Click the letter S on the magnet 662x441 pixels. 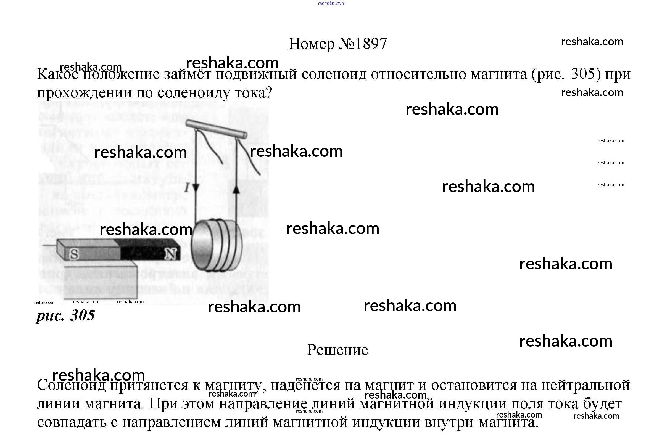point(74,254)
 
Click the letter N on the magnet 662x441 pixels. point(171,254)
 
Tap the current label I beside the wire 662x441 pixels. point(186,188)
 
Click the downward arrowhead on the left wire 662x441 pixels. point(196,188)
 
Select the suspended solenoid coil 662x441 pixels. point(216,246)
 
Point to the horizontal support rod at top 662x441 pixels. point(216,129)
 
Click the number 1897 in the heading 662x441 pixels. point(371,44)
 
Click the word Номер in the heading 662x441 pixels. point(311,44)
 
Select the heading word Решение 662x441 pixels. point(337,350)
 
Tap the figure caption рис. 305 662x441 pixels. point(65,315)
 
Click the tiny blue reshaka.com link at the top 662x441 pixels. point(331,3)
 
